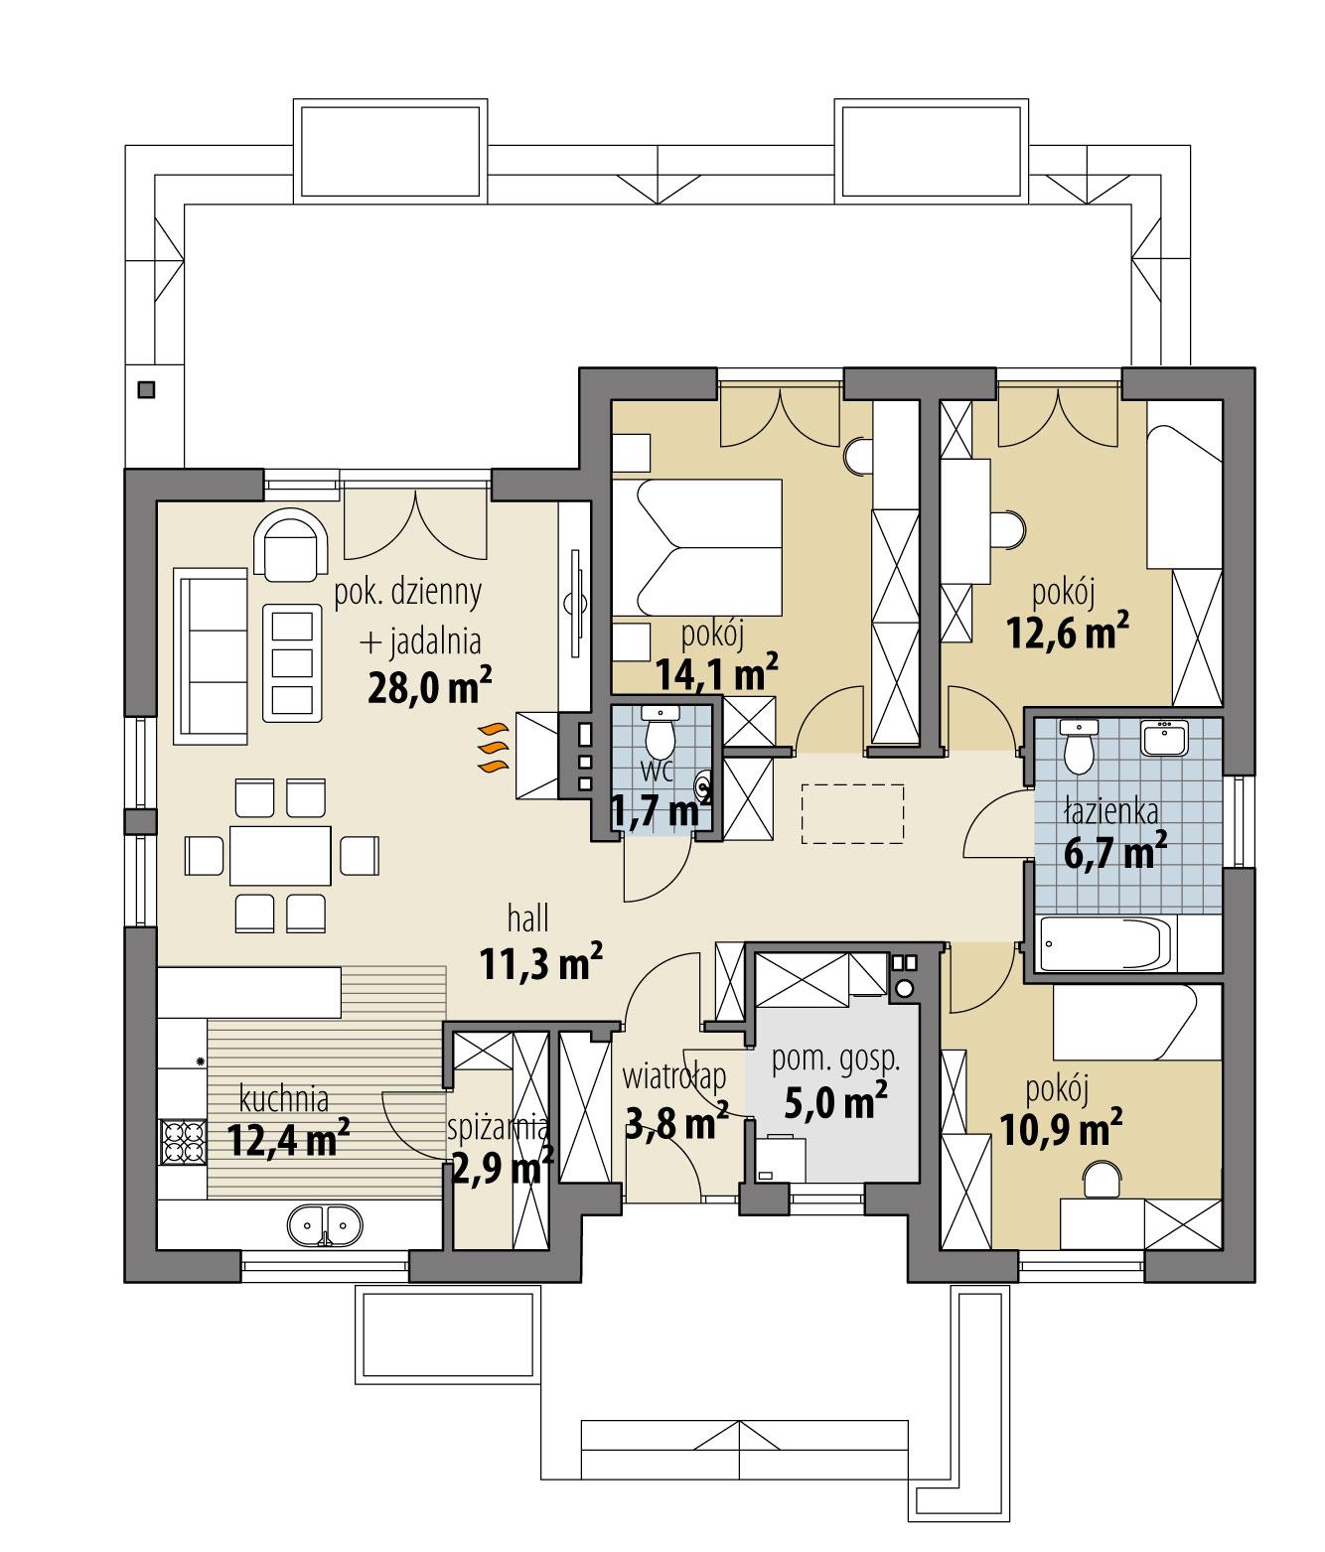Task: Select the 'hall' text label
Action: click(527, 919)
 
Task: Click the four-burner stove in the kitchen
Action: click(182, 1141)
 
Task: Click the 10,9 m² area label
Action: click(1059, 1127)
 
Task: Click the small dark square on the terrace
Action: click(147, 389)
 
